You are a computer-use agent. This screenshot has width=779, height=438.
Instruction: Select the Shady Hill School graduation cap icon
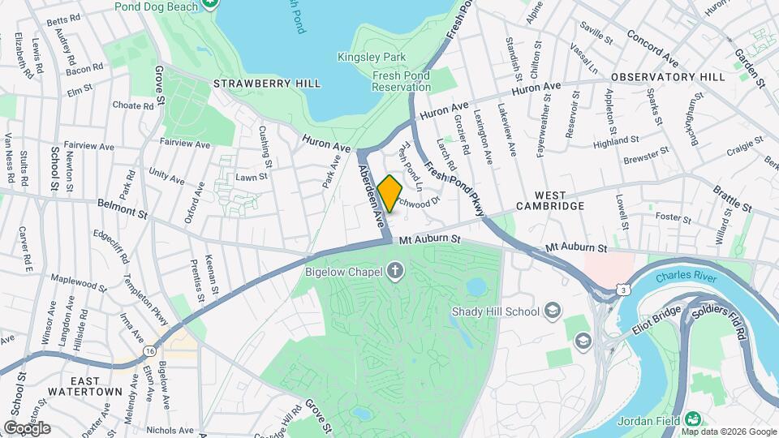tap(553, 311)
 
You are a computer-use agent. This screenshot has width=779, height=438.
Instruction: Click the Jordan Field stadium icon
tap(692, 419)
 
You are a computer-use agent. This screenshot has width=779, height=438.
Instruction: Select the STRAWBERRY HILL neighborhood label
tap(266, 84)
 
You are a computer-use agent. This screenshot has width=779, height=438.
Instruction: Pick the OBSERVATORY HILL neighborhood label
tap(668, 77)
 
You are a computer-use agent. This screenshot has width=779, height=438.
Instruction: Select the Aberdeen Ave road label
tap(370, 195)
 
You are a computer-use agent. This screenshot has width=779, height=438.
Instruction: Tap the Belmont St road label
tap(123, 210)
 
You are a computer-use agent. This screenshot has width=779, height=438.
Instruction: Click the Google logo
tap(27, 428)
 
